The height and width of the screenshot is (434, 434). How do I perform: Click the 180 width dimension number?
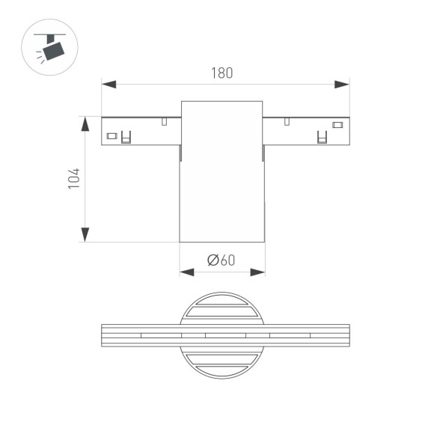(222, 73)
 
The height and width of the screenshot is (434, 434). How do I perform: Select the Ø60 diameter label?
(221, 260)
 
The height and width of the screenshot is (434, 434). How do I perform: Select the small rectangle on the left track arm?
(111, 136)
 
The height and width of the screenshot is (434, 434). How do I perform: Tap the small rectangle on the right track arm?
(337, 124)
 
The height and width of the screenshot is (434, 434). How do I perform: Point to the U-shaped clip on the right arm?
(323, 138)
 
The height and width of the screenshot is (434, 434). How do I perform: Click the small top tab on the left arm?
(164, 120)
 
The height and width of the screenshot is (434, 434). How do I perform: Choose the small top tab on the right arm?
(286, 120)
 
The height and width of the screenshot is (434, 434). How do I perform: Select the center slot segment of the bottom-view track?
(225, 335)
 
